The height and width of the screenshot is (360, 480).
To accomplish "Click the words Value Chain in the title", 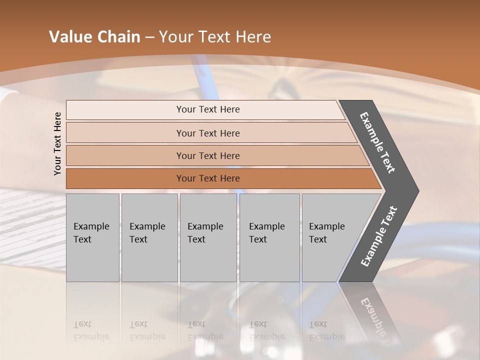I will tap(94, 37).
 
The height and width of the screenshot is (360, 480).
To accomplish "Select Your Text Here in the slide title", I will tap(215, 37).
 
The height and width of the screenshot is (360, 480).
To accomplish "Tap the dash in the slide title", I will tap(149, 37).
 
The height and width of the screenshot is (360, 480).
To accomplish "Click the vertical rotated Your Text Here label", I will tap(57, 143).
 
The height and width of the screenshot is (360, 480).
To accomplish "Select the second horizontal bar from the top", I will tap(207, 133).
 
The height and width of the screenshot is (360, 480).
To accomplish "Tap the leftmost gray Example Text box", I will tap(92, 237).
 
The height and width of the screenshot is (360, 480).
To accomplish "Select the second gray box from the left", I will tap(149, 237).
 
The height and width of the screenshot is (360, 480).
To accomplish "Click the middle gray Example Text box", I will tap(208, 237).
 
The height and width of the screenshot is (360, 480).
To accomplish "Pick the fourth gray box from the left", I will tap(269, 237).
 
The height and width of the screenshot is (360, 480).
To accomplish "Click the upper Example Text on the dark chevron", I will tap(378, 143).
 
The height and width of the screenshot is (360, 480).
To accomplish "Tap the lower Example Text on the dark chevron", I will tap(379, 236).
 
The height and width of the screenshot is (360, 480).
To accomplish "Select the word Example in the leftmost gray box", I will tap(91, 226).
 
